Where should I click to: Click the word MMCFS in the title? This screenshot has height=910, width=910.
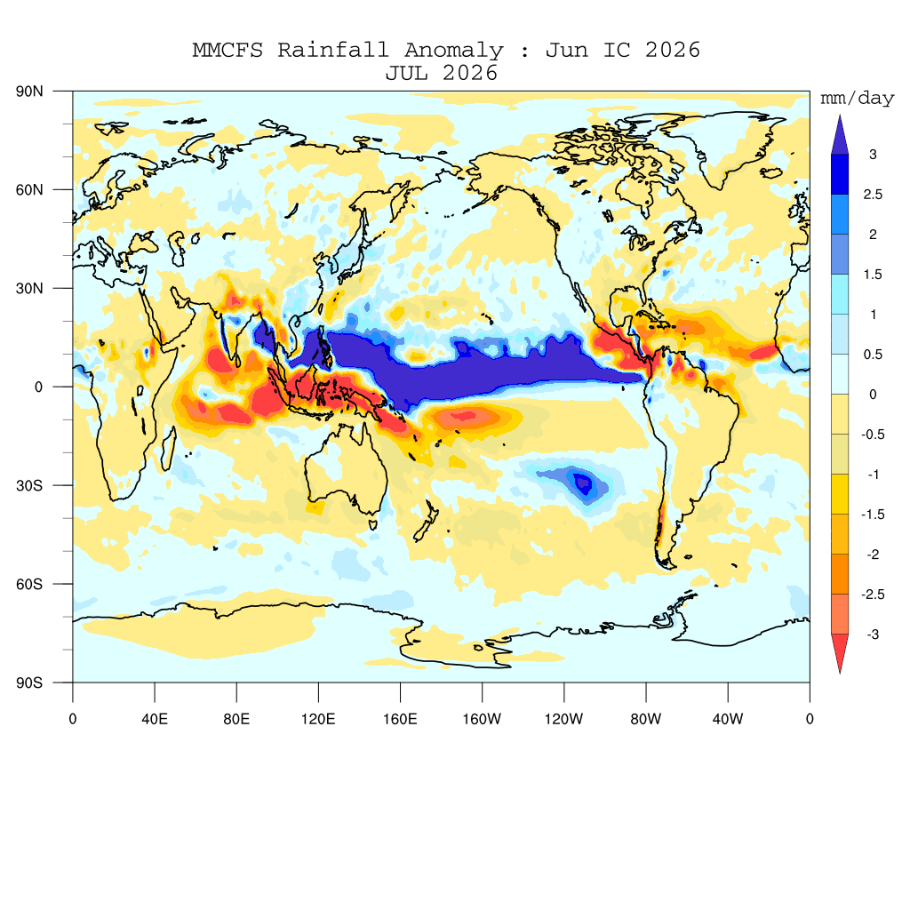[227, 50]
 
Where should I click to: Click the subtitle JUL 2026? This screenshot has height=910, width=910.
[442, 73]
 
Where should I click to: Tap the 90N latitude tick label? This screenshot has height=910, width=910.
[29, 92]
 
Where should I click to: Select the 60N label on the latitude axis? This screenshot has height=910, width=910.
[29, 190]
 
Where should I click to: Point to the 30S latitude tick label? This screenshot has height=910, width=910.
[29, 485]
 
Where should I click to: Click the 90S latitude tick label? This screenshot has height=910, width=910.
[29, 682]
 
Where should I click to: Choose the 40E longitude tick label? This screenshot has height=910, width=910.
[155, 719]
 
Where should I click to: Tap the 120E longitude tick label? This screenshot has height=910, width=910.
[318, 719]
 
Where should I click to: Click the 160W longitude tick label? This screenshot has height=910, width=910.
[482, 719]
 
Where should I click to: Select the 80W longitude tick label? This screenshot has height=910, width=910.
[646, 719]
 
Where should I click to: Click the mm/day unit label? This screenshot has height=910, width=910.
[858, 99]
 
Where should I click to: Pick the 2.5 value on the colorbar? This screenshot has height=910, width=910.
[873, 195]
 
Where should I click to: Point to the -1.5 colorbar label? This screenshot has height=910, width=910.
[873, 515]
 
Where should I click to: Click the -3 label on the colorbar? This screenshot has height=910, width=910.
[873, 635]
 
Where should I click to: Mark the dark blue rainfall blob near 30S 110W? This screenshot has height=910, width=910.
[583, 483]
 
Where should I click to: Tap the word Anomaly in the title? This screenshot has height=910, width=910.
[454, 51]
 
